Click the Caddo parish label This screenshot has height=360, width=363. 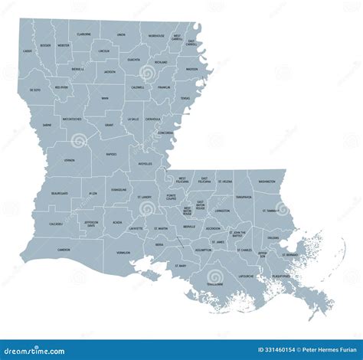point(28,51)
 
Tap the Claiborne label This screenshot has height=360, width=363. point(84,34)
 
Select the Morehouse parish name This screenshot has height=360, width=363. point(156,35)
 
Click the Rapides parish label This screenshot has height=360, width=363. point(111,154)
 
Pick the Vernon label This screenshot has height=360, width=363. point(70,160)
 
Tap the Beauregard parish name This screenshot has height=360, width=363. point(59,194)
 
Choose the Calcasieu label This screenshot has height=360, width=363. point(56,224)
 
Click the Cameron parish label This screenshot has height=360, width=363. point(64,249)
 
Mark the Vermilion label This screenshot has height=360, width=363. point(123,252)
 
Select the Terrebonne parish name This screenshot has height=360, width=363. point(214,283)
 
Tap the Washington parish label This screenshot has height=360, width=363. point(267,182)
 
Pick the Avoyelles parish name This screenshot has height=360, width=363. point(145,163)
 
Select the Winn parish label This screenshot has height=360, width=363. point(104,98)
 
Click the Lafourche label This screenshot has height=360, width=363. point(246,276)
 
